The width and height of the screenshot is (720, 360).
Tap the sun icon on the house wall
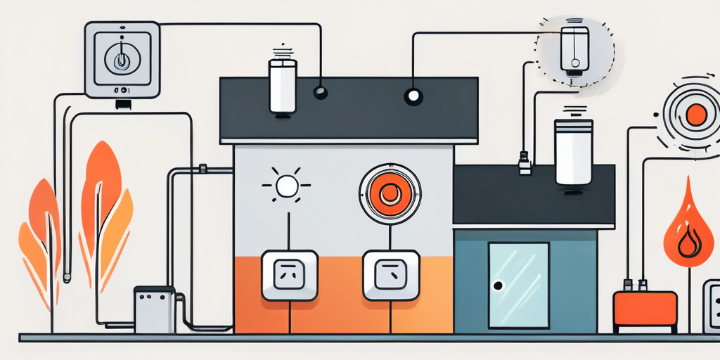point(287,186)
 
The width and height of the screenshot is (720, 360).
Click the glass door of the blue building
point(519,285)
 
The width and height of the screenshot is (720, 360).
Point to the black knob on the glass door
point(499,285)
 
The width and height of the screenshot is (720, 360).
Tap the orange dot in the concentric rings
point(695,115)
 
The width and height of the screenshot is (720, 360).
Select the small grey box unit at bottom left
point(154,309)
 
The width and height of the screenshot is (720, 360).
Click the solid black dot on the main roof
point(321,92)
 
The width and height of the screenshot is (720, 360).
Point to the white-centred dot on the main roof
point(413,96)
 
